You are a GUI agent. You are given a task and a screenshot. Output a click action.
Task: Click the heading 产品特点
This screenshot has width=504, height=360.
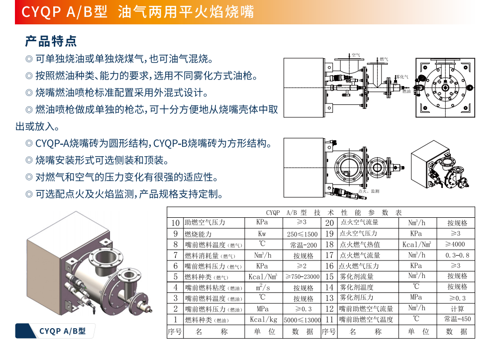(x=51, y=41)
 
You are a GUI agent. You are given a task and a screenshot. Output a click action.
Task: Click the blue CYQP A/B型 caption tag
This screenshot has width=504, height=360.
(x=55, y=331)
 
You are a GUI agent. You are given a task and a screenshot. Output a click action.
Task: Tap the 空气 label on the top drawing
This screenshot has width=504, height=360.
(x=356, y=55)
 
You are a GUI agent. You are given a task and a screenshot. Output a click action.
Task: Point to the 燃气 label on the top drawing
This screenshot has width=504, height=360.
(x=384, y=59)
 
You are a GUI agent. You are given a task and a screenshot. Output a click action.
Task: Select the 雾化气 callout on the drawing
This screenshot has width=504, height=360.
(x=402, y=77)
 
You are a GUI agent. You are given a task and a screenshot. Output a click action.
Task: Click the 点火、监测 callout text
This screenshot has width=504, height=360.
(x=369, y=191)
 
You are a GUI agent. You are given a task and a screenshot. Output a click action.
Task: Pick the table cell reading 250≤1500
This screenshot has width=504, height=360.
(x=302, y=234)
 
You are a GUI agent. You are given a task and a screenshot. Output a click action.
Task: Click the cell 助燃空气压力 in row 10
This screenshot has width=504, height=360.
(x=205, y=222)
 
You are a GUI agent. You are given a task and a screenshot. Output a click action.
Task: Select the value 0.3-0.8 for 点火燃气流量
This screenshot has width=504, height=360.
(x=457, y=255)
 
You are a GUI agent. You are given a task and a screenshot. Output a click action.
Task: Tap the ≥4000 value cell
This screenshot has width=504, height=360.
(x=455, y=244)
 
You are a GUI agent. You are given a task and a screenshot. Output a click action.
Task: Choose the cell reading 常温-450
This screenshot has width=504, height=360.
(x=457, y=319)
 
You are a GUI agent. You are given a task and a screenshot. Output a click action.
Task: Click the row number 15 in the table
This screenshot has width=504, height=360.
(x=329, y=276)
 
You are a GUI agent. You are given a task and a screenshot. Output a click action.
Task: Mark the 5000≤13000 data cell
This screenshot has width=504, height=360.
(x=302, y=320)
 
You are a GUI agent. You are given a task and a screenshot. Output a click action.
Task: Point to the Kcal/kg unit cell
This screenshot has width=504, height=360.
(x=264, y=320)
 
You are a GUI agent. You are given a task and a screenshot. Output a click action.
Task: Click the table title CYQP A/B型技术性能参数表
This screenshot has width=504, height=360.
(x=334, y=213)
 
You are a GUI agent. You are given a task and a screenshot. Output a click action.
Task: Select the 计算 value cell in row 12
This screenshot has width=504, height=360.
(x=457, y=309)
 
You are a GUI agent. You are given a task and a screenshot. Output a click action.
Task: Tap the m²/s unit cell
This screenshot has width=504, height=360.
(x=263, y=287)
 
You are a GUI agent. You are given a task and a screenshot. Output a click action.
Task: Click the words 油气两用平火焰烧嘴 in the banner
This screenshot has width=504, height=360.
(x=186, y=12)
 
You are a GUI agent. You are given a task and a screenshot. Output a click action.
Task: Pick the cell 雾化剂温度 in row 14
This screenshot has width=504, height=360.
(x=356, y=287)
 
